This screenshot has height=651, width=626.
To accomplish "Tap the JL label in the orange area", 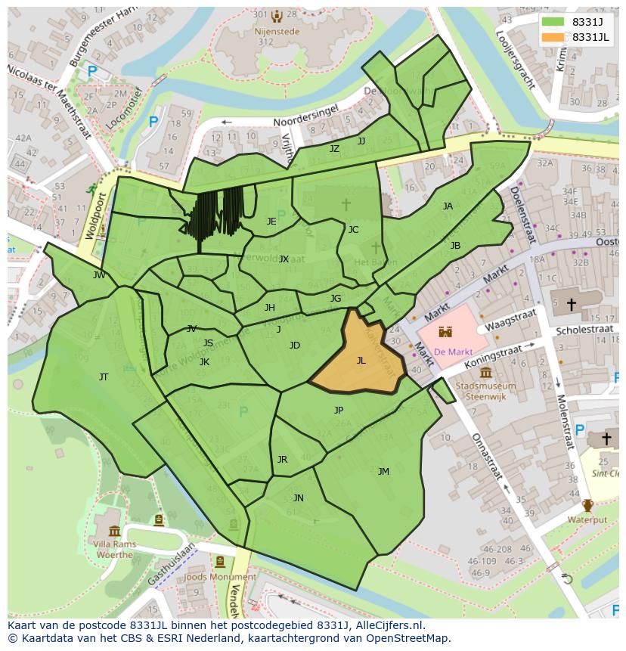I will tap(361, 361).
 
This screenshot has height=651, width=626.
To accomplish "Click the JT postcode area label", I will tap(104, 377).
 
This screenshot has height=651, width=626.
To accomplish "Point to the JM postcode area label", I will tap(383, 472).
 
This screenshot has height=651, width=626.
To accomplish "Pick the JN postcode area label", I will tap(299, 498).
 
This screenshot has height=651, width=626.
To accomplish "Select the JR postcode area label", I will tap(282, 460).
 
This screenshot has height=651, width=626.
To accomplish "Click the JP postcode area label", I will tap(339, 411).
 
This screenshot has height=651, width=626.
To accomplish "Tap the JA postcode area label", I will tap(448, 206).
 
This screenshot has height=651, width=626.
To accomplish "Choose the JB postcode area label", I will tap(455, 246).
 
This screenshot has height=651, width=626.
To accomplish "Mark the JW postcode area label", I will tap(99, 275).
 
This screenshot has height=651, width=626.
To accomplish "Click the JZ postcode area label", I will tap(334, 149).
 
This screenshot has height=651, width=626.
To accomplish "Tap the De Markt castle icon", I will tap(446, 332).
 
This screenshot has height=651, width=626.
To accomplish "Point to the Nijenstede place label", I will tap(277, 32).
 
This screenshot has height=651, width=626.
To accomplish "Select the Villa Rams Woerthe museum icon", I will tap(114, 532).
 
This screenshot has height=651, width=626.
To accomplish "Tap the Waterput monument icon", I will tap(587, 506).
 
